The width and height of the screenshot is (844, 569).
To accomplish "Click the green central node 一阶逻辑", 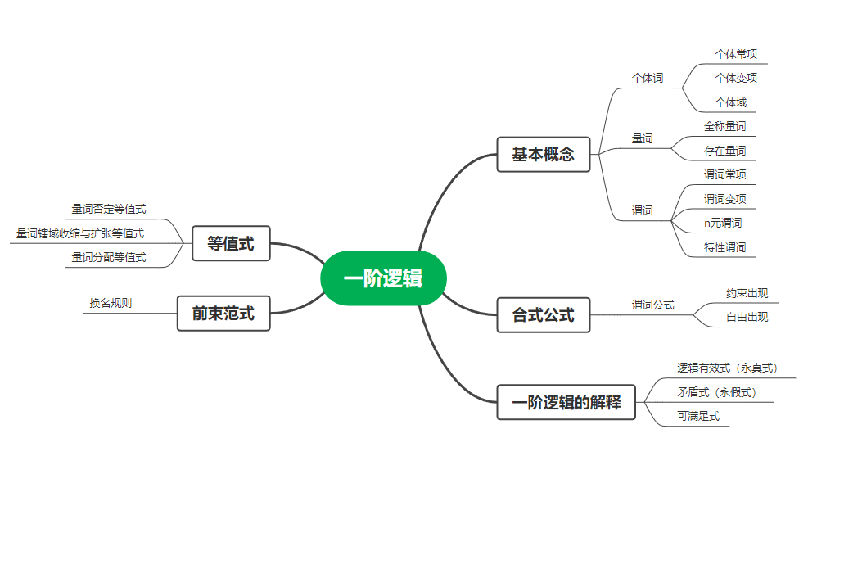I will click(383, 278).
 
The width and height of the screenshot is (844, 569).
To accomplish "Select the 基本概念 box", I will click(543, 154).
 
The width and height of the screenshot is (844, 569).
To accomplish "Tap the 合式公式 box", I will click(543, 314).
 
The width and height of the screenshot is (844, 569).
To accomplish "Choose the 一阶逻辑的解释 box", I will click(566, 402).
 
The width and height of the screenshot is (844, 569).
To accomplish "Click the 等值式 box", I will click(231, 243).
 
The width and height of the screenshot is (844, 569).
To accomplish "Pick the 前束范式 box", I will click(223, 313).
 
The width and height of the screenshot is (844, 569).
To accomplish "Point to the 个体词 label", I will click(647, 78).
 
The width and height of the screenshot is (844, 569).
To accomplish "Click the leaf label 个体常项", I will click(736, 54).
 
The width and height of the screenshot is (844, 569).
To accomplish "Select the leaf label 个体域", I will click(730, 102).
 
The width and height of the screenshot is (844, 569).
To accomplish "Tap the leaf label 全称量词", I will click(724, 126).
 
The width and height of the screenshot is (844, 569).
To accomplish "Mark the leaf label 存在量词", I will click(724, 151).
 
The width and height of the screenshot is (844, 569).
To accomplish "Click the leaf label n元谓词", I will click(723, 223).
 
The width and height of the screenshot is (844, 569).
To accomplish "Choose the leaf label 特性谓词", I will click(724, 246).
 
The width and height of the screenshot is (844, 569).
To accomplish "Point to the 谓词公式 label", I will click(652, 305).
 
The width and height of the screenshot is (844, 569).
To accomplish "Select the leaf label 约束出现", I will click(747, 293).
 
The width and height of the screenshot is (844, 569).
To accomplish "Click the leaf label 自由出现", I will click(747, 317).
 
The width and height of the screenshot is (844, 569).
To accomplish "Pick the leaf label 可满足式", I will click(698, 416).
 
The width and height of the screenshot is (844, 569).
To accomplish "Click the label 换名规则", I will click(111, 303).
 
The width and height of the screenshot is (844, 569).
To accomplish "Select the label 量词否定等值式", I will click(109, 209).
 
